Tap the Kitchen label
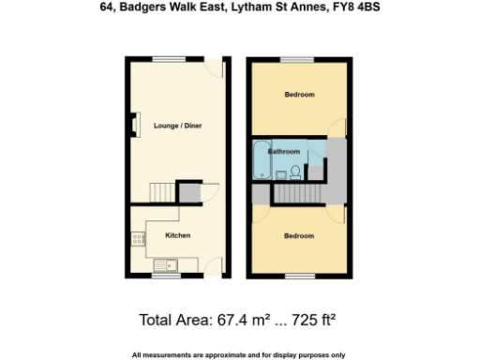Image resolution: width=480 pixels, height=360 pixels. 178,235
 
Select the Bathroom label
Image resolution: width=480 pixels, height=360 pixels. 284,152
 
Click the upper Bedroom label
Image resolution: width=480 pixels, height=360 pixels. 300,95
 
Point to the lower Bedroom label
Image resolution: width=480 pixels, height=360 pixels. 300,235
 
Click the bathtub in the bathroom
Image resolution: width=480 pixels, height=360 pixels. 260,160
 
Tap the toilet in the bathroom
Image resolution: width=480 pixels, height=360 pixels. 294,171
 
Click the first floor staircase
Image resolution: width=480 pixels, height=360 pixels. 299,194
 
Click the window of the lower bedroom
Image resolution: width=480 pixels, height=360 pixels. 299,277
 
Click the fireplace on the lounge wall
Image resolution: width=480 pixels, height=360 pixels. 136,126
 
